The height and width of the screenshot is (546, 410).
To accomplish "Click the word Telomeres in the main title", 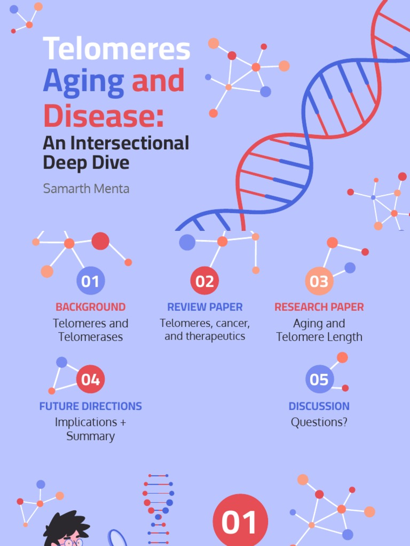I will (x=116, y=49).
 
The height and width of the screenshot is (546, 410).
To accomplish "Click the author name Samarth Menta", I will (x=86, y=189).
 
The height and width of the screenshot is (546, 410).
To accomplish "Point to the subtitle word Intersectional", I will (x=131, y=143).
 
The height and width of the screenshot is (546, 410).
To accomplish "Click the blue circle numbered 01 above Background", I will (x=90, y=281).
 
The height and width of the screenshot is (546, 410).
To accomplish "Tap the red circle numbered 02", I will (x=204, y=281).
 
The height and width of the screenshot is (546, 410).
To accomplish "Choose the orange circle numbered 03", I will (x=319, y=281).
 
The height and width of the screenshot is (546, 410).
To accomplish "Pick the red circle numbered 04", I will (x=90, y=380).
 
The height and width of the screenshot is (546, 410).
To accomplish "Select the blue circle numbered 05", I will (x=319, y=380).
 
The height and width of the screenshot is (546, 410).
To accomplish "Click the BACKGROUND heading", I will (x=90, y=307).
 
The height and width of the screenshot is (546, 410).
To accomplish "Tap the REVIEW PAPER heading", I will (x=204, y=307).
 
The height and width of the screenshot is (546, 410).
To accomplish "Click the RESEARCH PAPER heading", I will (x=319, y=307).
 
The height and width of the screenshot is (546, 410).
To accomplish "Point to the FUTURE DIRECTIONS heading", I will (x=90, y=406).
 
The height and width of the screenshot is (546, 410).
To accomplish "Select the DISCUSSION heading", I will (x=319, y=406).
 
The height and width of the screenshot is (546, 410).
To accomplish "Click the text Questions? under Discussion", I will (x=319, y=422).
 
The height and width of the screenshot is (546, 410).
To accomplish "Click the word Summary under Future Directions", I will (x=90, y=436).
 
